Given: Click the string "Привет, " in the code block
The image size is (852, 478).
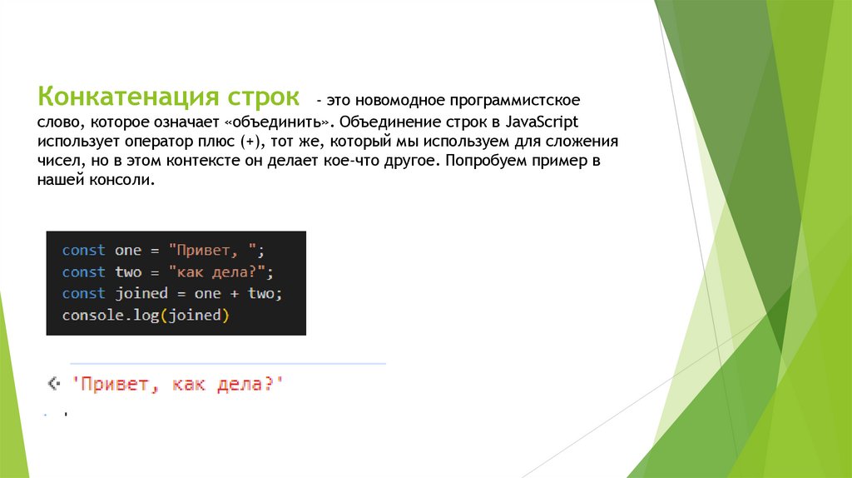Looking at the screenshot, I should [x=215, y=251].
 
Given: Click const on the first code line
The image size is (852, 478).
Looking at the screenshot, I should [x=83, y=251].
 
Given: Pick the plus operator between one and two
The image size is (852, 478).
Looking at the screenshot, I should [x=235, y=294].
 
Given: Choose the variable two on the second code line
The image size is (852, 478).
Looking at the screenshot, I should [x=128, y=272].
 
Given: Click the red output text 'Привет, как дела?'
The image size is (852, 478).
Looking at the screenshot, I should [x=177, y=385].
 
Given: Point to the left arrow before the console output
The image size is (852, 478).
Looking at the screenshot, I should [x=53, y=384].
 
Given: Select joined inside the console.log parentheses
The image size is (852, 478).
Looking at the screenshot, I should [x=196, y=316].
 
